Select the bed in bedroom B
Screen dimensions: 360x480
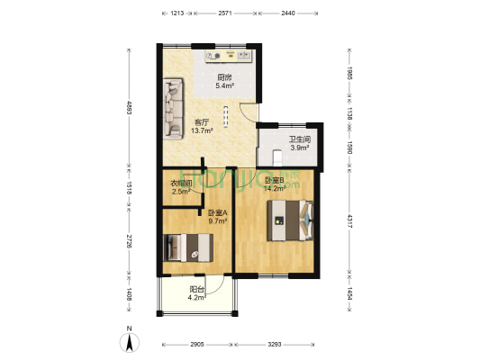click(291, 220)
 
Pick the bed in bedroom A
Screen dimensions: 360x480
click(189, 246)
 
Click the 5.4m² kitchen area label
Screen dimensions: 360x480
click(225, 82)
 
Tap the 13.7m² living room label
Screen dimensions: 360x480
click(202, 127)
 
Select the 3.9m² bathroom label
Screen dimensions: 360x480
click(299, 144)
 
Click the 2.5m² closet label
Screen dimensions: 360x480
click(180, 187)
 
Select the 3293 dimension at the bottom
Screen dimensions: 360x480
click(276, 345)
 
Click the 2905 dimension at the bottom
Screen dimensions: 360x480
click(197, 345)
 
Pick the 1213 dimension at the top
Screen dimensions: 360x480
click(177, 13)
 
